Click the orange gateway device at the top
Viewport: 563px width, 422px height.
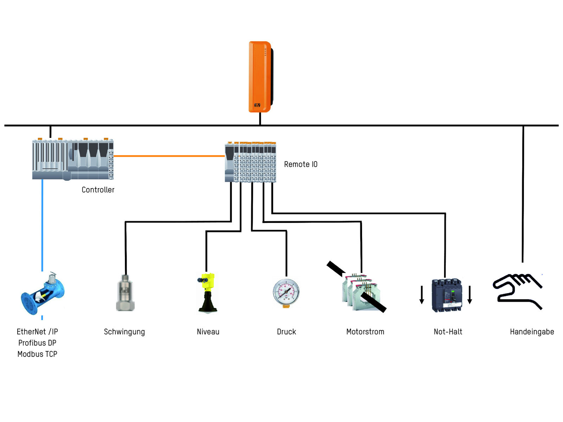click(x=260, y=77)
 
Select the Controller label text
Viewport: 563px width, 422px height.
click(x=98, y=190)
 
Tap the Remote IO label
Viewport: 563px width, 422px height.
click(x=301, y=164)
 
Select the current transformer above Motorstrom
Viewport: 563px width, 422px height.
click(x=359, y=292)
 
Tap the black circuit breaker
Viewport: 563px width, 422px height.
click(x=447, y=295)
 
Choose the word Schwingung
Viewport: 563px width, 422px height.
click(x=124, y=332)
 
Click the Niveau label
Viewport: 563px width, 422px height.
click(x=208, y=332)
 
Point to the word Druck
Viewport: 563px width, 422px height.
click(x=286, y=332)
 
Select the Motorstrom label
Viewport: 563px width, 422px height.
click(x=365, y=332)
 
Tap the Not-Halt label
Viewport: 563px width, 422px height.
click(x=448, y=332)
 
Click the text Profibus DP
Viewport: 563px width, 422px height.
click(x=37, y=343)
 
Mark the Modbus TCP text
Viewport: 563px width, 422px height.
click(x=37, y=354)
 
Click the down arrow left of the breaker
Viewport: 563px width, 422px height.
click(x=422, y=295)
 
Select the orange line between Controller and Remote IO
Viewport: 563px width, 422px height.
click(x=169, y=156)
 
